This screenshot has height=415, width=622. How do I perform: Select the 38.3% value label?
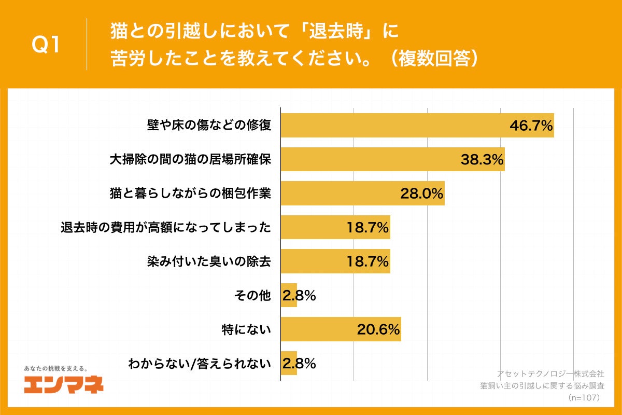(x=482, y=160)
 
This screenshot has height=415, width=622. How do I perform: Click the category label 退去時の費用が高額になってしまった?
(x=166, y=227)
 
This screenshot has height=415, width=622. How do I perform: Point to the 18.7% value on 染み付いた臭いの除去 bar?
(x=368, y=261)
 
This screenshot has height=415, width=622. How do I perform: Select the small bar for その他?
(x=289, y=295)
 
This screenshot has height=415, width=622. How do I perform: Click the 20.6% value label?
(x=378, y=329)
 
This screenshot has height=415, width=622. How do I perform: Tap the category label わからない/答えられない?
(x=200, y=364)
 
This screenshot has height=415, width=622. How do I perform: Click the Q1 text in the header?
(x=46, y=45)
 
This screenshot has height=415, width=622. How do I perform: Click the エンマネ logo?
(x=64, y=384)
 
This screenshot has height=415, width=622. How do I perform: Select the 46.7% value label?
(x=531, y=126)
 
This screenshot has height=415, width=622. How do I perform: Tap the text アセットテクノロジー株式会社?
(x=550, y=374)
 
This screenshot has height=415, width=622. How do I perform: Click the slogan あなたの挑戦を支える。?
(x=56, y=368)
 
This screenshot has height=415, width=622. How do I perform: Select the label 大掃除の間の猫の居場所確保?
(x=190, y=160)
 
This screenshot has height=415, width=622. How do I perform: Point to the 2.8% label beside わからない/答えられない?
(x=299, y=364)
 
